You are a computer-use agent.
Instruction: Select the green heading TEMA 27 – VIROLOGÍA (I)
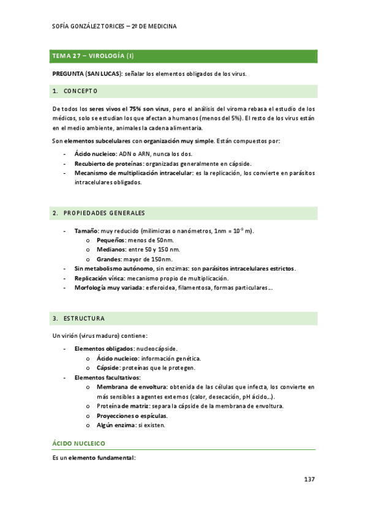tap(93, 56)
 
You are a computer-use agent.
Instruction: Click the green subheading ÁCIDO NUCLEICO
tap(79, 442)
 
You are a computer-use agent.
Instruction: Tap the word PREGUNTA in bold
tap(68, 74)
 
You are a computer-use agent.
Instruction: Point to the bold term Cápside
tap(108, 368)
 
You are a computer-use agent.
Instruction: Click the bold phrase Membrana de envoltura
tap(131, 387)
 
